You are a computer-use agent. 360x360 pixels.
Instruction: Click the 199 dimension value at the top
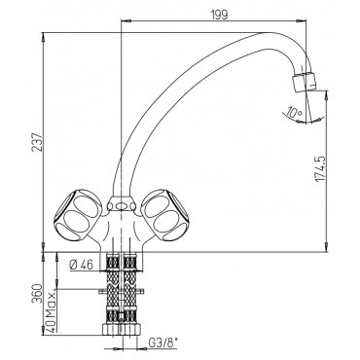pyautogui.click(x=219, y=15)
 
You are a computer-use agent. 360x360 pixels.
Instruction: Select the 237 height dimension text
pyautogui.click(x=38, y=141)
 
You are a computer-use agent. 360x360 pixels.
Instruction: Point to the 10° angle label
pyautogui.click(x=295, y=113)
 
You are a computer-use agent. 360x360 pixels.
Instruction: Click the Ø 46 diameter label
pyautogui.click(x=81, y=266)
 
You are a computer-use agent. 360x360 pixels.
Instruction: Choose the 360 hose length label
pyautogui.click(x=37, y=294)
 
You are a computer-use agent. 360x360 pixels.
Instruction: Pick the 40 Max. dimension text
pyautogui.click(x=50, y=310)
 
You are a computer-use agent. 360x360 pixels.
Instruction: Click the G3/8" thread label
pyautogui.click(x=162, y=343)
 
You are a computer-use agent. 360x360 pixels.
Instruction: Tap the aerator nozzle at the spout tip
pyautogui.click(x=304, y=82)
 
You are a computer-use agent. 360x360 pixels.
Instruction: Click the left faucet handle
pyautogui.click(x=77, y=214)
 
